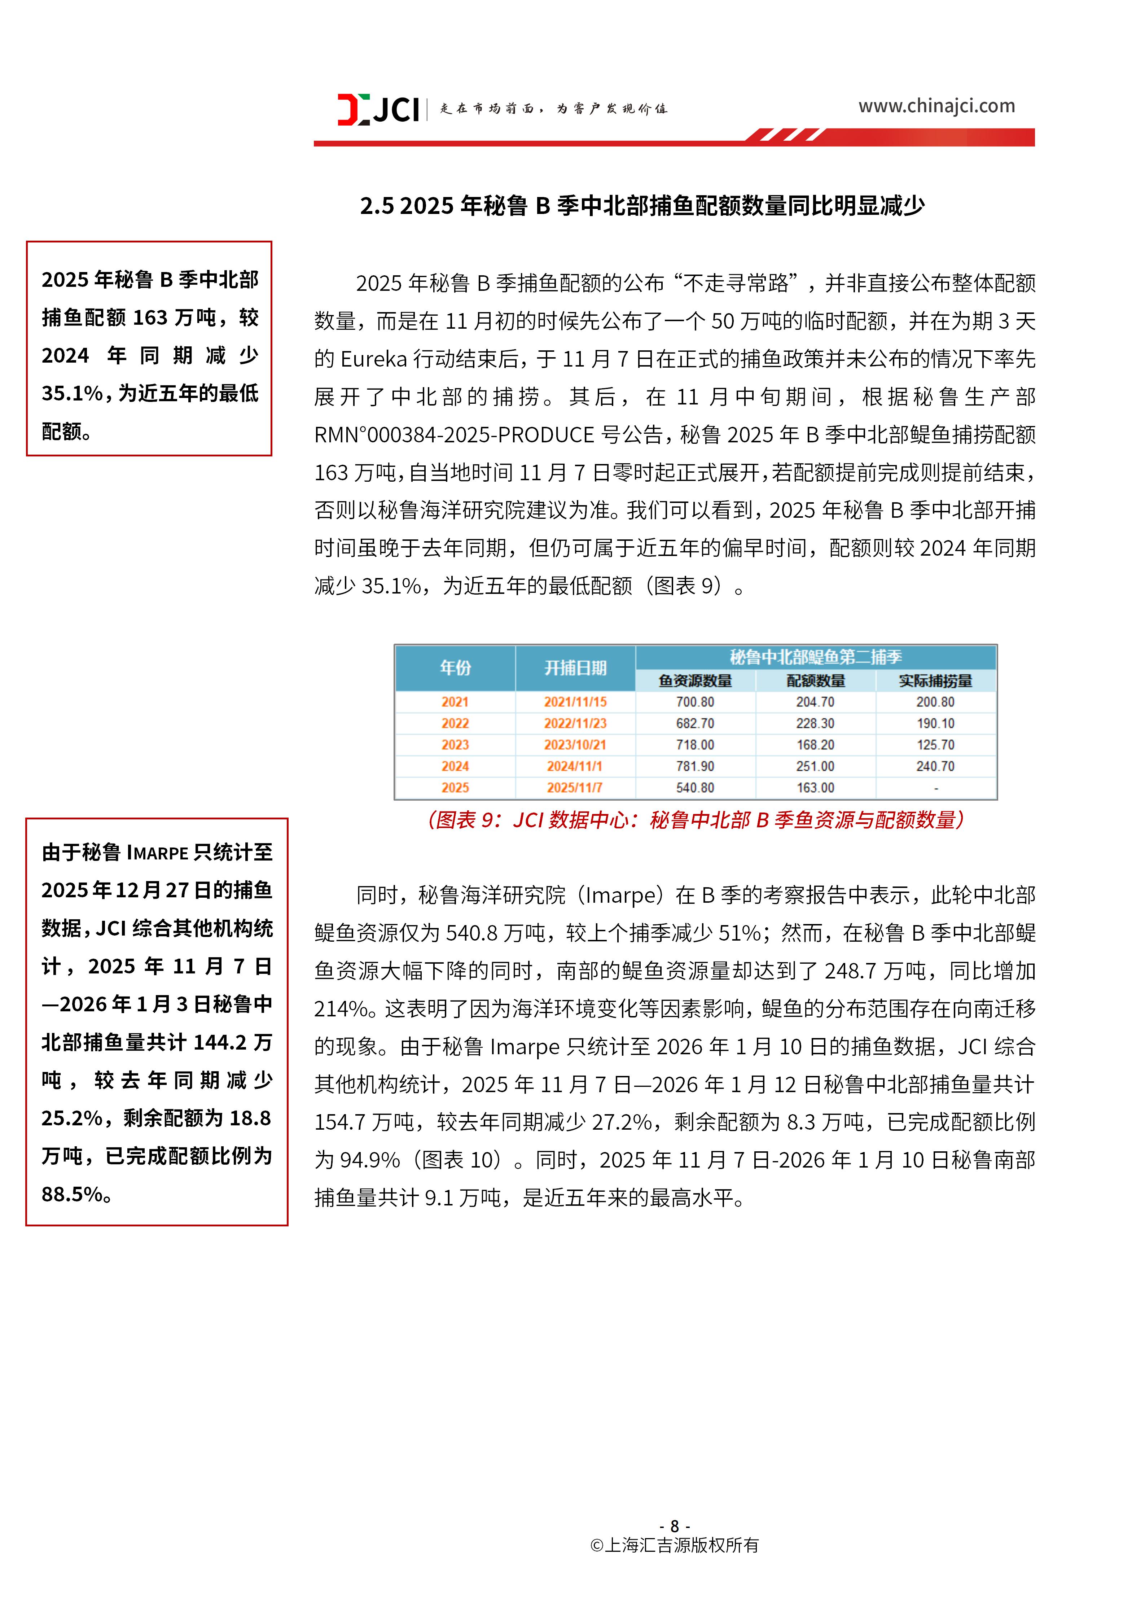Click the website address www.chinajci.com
pos(936,106)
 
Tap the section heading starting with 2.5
pos(642,206)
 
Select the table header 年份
pos(455,667)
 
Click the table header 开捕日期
pos(575,667)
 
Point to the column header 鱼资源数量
pos(695,681)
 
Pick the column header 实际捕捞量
pos(935,681)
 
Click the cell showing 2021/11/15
pos(575,702)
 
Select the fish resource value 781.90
pos(695,766)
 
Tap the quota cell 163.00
pos(816,787)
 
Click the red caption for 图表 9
pos(695,820)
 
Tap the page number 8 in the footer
pos(675,1526)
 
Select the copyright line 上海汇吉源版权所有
pos(675,1545)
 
